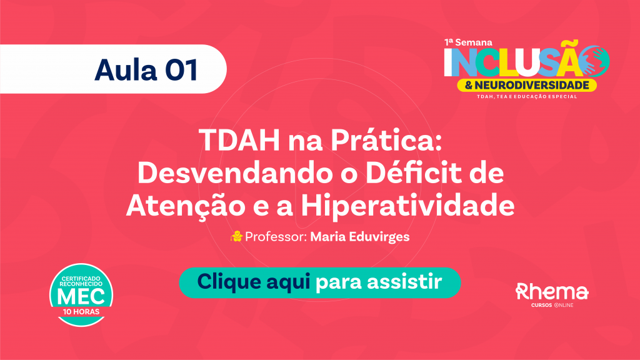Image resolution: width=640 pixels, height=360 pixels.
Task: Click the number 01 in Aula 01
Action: [182, 70]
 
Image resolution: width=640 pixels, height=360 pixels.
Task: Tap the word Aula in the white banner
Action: [126, 70]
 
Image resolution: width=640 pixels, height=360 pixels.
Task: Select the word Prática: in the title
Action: [386, 140]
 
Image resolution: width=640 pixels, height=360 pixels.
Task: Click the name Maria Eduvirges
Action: [359, 237]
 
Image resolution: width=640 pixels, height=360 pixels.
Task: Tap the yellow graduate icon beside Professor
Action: [236, 236]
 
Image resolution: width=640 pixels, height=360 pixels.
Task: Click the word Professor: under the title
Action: [276, 237]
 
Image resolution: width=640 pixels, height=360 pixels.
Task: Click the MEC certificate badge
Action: [81, 295]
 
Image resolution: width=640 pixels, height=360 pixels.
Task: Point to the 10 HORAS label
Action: [81, 312]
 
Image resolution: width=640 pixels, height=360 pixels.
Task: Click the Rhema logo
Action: [552, 291]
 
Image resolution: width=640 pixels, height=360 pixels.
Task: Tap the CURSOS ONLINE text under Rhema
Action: [552, 305]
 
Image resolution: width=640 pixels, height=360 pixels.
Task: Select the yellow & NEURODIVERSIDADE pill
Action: [527, 85]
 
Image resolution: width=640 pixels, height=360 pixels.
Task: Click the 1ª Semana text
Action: [468, 42]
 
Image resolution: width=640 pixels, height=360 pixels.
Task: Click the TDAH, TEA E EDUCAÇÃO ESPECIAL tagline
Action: [527, 97]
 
